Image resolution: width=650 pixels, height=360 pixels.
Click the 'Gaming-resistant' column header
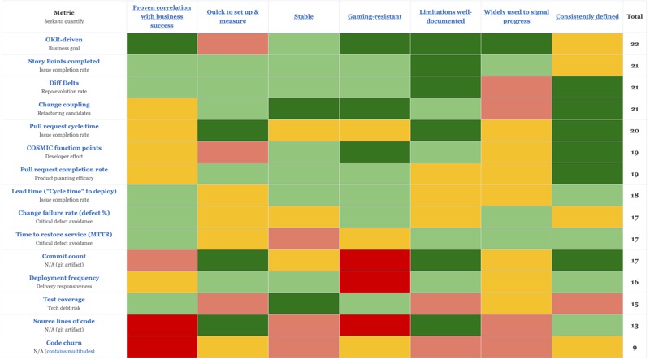[375, 15]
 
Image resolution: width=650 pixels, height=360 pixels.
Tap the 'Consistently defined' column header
[587, 15]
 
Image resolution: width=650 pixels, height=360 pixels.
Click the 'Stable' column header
[304, 15]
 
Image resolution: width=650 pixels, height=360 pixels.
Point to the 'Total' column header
[635, 15]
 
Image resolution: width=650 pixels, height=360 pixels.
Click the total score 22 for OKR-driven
[635, 44]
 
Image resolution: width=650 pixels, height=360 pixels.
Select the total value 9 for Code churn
[635, 347]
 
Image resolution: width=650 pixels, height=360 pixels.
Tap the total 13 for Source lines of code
[635, 325]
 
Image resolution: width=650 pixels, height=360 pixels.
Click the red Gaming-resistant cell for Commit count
[375, 260]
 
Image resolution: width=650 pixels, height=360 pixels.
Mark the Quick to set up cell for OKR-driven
[232, 44]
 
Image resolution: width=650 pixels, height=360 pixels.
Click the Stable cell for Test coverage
[304, 303]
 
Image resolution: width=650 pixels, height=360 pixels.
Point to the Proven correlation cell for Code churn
[162, 347]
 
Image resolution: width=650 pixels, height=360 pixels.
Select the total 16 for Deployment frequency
[635, 282]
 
